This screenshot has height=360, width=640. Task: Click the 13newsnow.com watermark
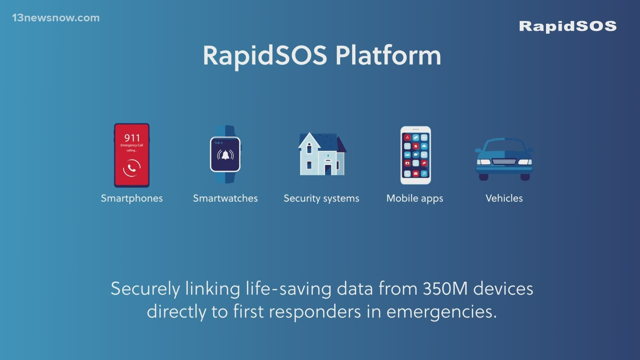[56, 18]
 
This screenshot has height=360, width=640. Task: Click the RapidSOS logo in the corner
[568, 26]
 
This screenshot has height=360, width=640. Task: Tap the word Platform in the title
[388, 55]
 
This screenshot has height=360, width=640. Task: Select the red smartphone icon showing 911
[132, 155]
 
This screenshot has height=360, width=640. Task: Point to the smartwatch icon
[225, 154]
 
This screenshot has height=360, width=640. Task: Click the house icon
[322, 154]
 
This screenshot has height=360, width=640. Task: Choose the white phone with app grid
[416, 155]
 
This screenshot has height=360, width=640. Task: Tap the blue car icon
[504, 159]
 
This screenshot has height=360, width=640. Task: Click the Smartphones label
[132, 198]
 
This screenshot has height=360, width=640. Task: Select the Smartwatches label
[225, 198]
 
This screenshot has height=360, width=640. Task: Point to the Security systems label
[321, 199]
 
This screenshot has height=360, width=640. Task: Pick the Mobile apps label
[415, 199]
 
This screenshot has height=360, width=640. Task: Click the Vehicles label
[504, 198]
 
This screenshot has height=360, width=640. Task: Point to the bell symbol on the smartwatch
[225, 155]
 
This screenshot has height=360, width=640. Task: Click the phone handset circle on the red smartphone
[132, 168]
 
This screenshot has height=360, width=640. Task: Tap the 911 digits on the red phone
[132, 138]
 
